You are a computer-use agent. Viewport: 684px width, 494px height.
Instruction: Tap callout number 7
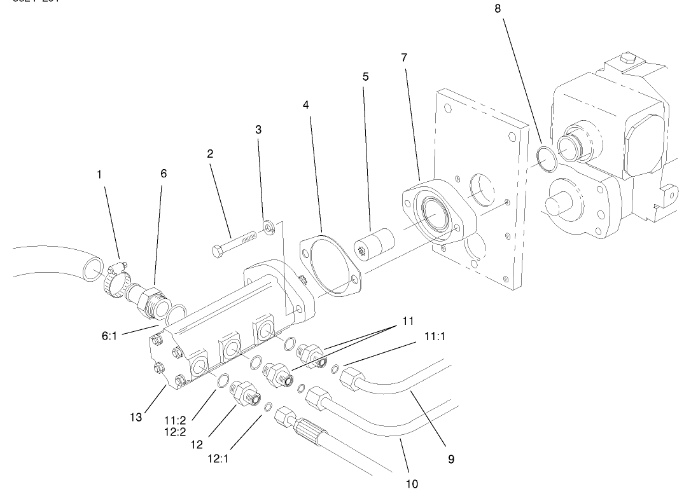(x=404, y=57)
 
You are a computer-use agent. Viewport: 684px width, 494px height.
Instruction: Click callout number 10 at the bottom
(x=412, y=484)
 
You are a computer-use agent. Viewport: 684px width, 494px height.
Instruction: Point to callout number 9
(x=450, y=458)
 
